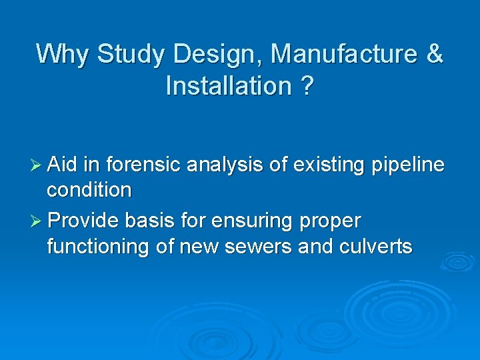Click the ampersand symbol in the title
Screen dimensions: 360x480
[435, 54]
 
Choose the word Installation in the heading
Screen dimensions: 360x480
[228, 85]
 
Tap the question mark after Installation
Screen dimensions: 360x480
[306, 85]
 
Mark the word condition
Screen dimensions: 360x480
[89, 191]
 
